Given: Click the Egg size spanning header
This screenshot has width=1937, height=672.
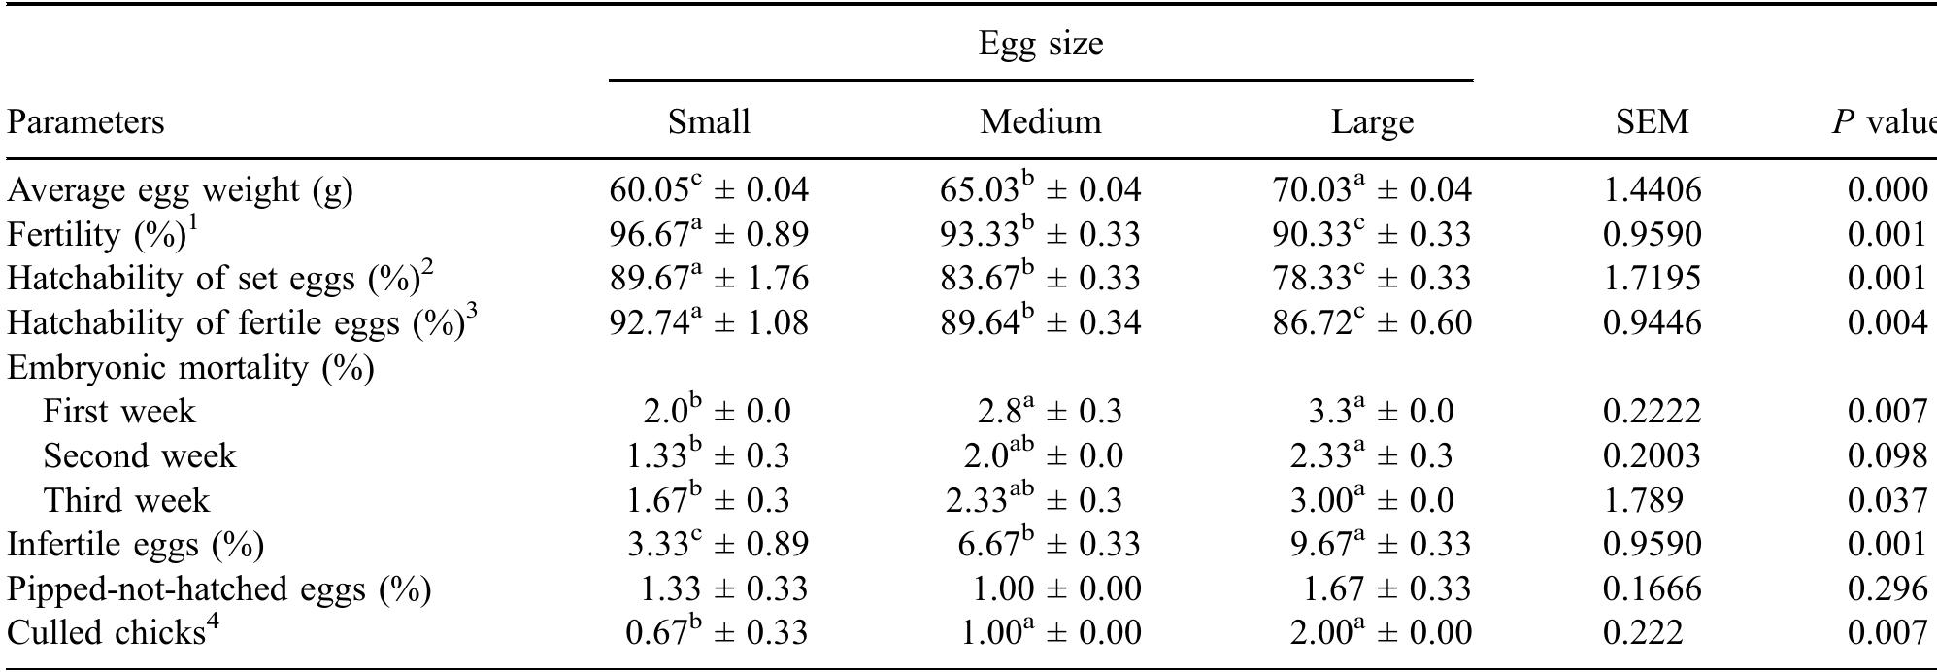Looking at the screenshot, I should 1040,44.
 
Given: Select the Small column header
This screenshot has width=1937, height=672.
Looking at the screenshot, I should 709,122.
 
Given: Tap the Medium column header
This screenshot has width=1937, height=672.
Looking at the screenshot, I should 1040,122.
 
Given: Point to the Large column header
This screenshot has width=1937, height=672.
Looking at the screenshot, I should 1371,122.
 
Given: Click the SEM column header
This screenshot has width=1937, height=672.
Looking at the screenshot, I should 1652,122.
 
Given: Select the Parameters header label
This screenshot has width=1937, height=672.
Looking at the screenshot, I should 85,122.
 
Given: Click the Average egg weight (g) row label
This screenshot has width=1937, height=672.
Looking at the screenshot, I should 180,190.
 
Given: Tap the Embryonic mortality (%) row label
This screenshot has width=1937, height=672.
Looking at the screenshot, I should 190,368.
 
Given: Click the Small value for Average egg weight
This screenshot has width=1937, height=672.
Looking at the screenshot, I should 709,190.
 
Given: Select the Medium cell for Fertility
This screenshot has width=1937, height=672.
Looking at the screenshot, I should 1040,234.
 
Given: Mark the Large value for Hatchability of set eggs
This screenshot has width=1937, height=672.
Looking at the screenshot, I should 1371,279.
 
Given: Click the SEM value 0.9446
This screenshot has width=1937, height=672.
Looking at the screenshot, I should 1652,323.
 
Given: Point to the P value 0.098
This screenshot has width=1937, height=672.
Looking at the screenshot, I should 1887,456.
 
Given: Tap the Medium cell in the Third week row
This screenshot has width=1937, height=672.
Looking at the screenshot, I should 1034,500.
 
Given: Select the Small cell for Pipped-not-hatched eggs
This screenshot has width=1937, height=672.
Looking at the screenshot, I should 723,588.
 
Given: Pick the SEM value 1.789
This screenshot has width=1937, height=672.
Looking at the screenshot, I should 1642,500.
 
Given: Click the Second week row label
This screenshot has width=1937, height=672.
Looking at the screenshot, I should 139,456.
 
